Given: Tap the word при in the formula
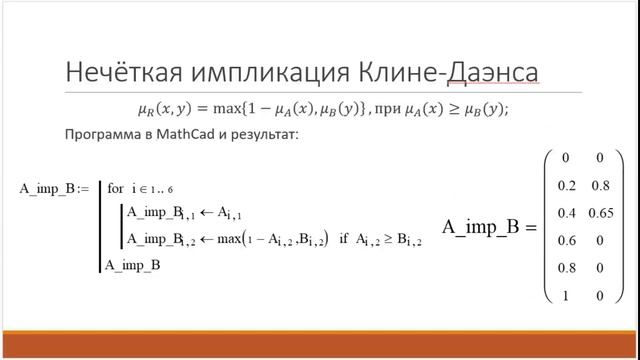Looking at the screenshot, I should click(392, 109).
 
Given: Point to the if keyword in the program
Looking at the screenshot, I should click(344, 239).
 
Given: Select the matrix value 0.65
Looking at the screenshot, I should click(600, 214).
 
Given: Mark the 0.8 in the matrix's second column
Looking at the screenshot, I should click(600, 185).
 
